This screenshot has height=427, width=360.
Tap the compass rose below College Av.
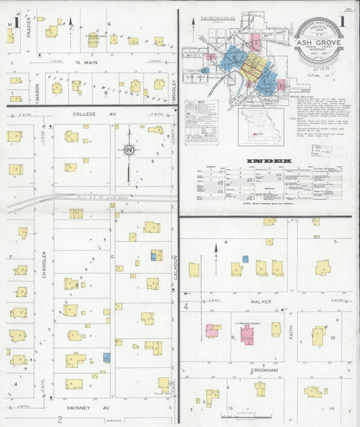coord(128,151)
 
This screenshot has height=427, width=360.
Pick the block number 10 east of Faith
coord(332,337)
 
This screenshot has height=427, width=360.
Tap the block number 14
coord(332,409)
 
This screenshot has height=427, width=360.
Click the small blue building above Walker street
coord(245,259)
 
